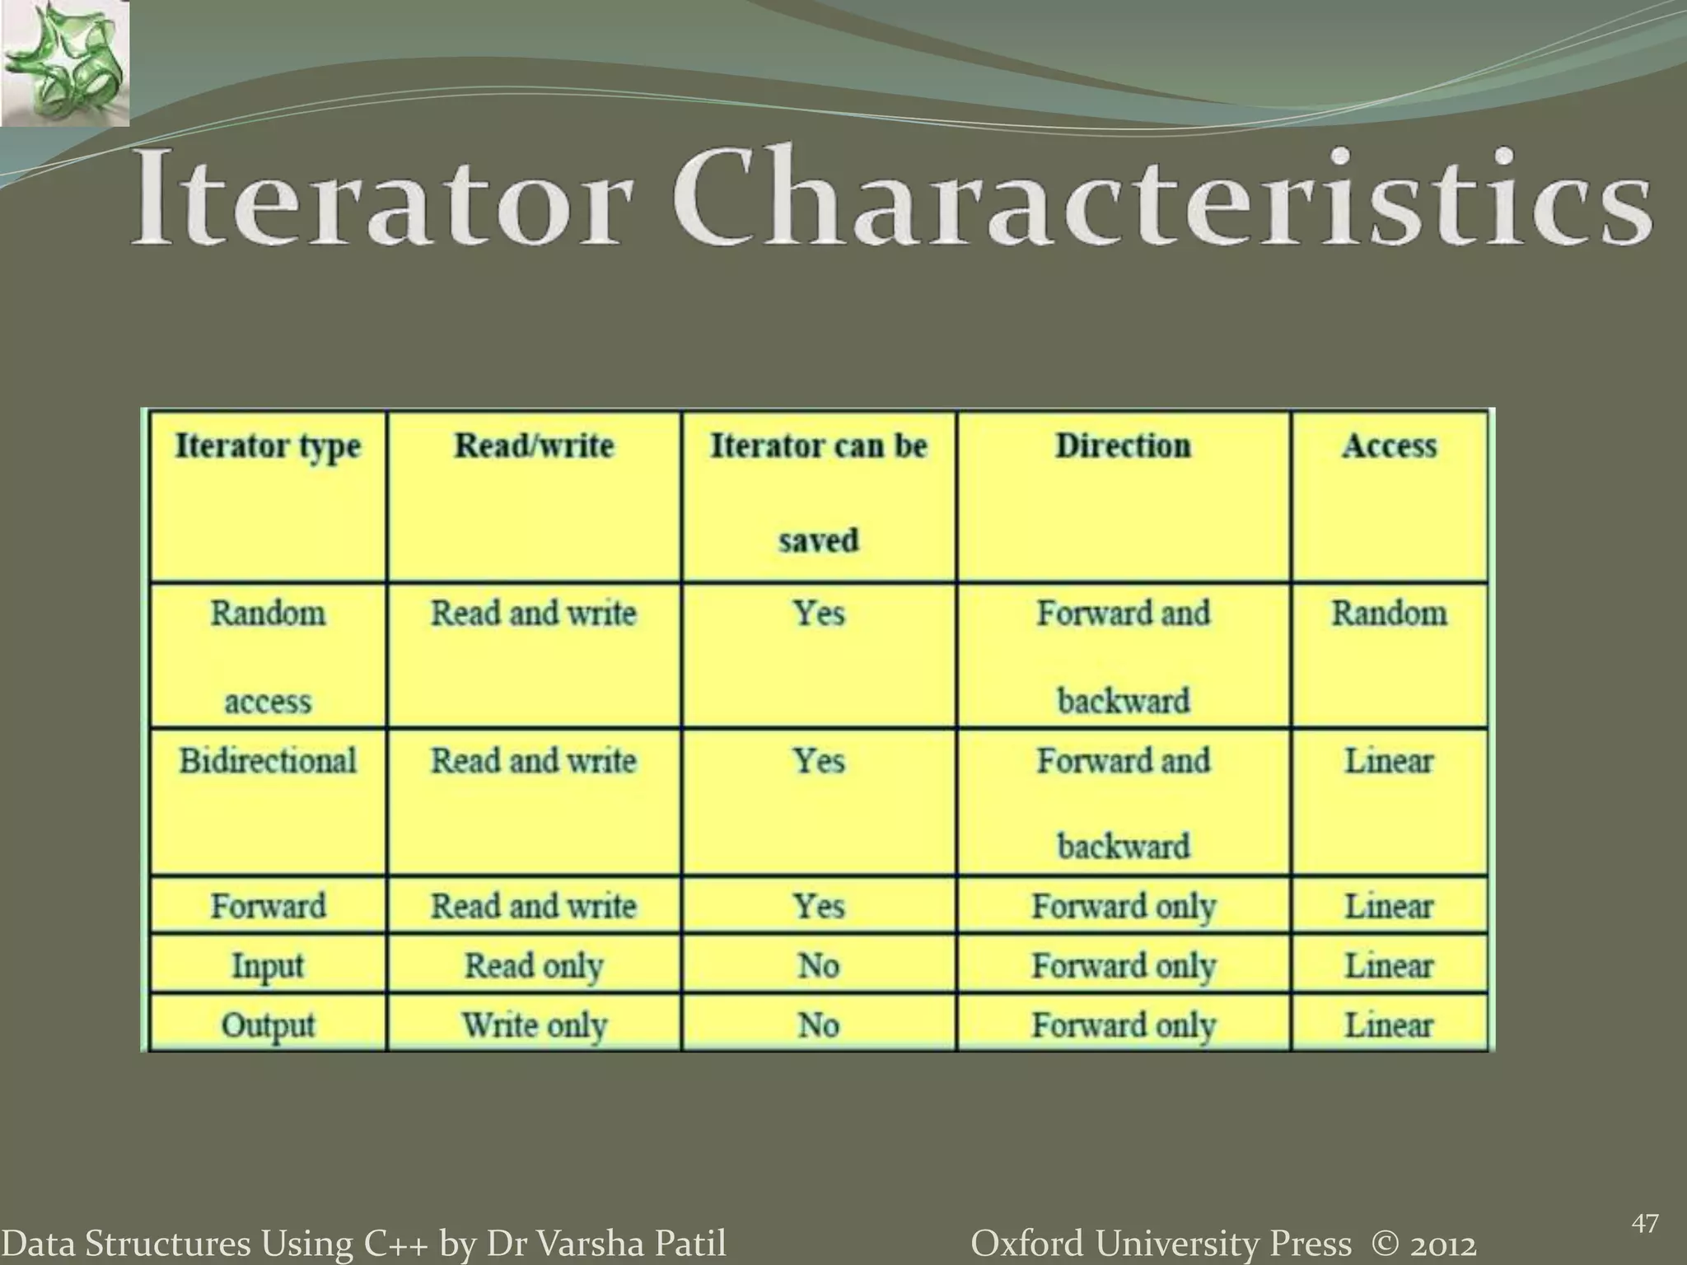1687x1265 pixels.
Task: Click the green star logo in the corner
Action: click(x=64, y=64)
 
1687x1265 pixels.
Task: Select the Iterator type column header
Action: click(x=268, y=446)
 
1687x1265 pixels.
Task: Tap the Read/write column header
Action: click(x=535, y=446)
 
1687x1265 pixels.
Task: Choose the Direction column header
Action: click(x=1124, y=446)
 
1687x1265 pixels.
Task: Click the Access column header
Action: click(x=1390, y=446)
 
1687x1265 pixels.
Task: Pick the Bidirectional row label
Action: click(x=268, y=761)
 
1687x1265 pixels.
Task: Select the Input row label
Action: click(x=268, y=965)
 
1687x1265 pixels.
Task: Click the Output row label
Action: click(x=268, y=1025)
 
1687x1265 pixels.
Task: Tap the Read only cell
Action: click(x=535, y=965)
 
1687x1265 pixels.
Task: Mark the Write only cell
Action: click(x=535, y=1025)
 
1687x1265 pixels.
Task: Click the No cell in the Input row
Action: click(x=818, y=965)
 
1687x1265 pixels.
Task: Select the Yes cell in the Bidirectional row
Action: click(x=818, y=761)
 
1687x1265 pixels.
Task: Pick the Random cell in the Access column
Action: click(x=1390, y=614)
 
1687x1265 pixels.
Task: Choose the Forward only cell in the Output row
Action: click(x=1124, y=1025)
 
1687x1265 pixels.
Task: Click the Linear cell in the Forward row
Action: click(x=1390, y=907)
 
